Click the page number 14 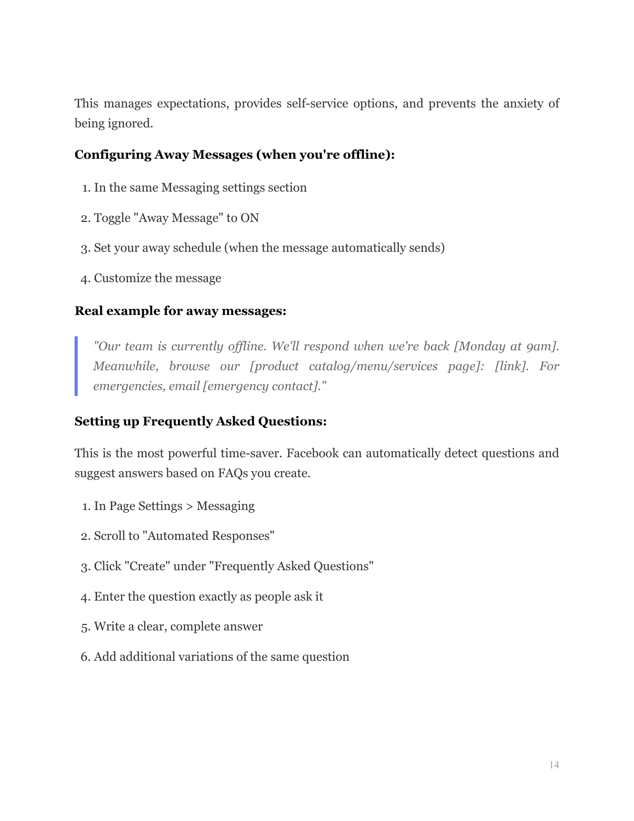point(554,765)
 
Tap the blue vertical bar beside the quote point(76,366)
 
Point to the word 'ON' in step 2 point(250,218)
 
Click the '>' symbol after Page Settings point(189,506)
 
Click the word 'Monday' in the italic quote point(482,346)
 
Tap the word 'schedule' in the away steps point(196,248)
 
